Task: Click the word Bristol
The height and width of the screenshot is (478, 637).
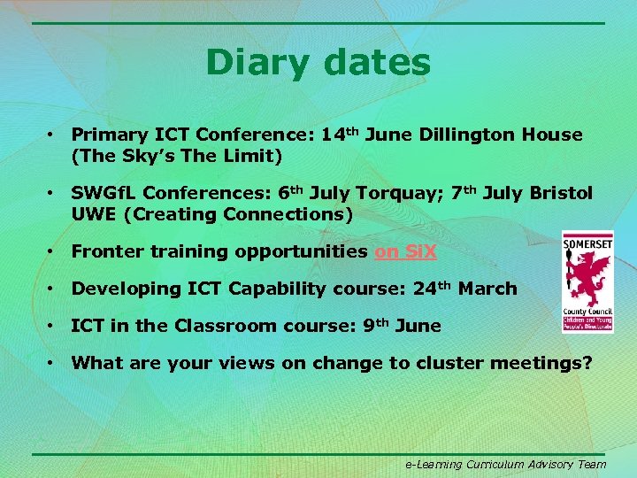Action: pos(561,193)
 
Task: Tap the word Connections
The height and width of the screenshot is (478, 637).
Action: pos(288,214)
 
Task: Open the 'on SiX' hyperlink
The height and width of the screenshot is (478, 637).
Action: pos(405,251)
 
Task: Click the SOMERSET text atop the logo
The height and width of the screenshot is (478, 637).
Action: pos(588,240)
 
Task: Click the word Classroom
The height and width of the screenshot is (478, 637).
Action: pos(226,325)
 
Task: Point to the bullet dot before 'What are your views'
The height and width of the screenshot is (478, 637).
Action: pos(53,362)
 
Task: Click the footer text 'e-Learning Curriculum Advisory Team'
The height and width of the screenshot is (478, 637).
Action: pos(505,464)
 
